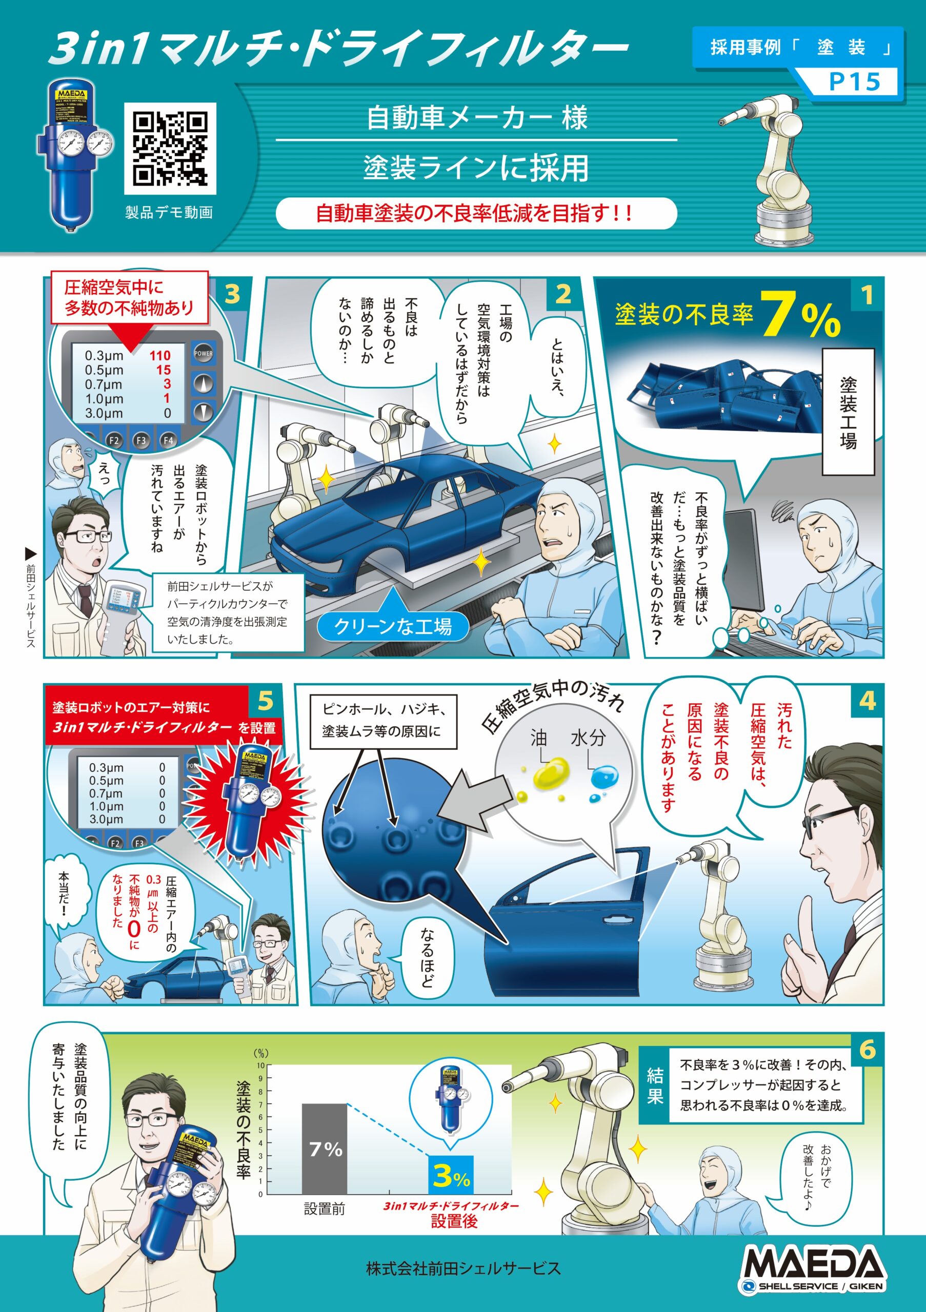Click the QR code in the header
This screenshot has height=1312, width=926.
[x=170, y=149]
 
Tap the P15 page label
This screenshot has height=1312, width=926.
[x=854, y=81]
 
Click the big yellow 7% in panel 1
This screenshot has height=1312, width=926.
[x=800, y=315]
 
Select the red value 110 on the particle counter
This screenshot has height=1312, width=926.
[x=160, y=356]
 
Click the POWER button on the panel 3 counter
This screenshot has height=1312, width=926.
[x=203, y=353]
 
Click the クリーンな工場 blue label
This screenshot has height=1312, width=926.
[x=393, y=626]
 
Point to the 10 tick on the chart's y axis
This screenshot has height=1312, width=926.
[x=260, y=1065]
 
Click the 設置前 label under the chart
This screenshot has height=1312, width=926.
[x=324, y=1208]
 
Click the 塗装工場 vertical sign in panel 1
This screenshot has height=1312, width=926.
[x=848, y=412]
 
